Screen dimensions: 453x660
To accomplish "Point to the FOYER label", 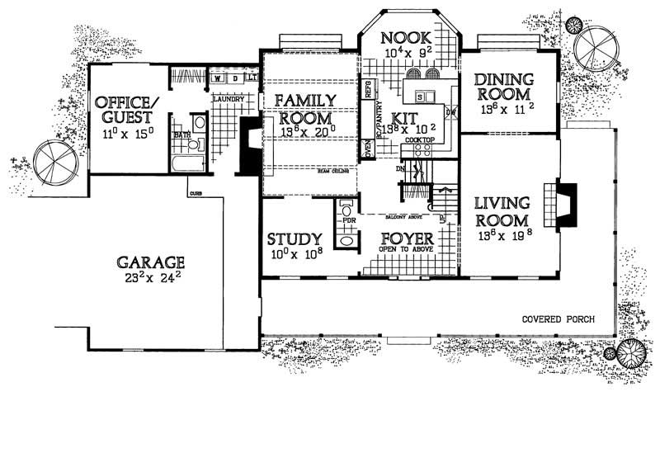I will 407,239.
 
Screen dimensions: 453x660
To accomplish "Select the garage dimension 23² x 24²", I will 150,281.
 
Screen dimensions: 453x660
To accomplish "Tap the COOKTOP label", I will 419,141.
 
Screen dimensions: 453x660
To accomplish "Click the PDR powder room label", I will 348,222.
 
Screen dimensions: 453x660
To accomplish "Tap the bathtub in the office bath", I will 188,161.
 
